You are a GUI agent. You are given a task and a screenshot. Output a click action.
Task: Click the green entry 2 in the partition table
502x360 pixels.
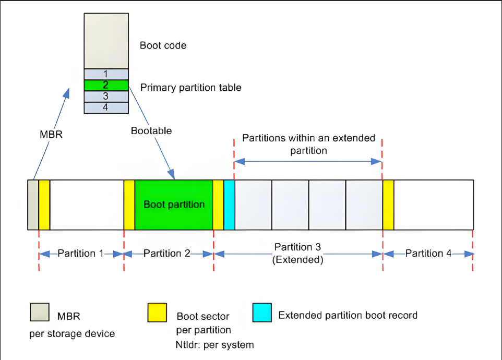click(x=106, y=85)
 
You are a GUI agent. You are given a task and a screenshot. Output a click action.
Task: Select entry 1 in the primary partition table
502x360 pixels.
click(x=106, y=74)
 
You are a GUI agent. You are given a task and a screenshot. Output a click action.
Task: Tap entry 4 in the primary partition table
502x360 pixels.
click(x=106, y=107)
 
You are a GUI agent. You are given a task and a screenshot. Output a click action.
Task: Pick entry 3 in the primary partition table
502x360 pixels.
click(x=106, y=97)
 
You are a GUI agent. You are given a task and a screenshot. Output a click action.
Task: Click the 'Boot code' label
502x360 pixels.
click(x=163, y=45)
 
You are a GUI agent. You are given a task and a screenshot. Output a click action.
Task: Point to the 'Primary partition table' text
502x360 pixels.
click(x=191, y=88)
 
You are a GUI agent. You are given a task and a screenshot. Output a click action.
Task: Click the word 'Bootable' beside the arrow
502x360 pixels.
click(x=151, y=130)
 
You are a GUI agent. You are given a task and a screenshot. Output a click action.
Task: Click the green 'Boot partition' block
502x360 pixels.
click(x=174, y=205)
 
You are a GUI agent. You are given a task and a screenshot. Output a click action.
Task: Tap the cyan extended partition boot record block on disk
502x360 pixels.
click(x=229, y=205)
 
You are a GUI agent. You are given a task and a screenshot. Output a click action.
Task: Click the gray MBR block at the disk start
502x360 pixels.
click(x=33, y=205)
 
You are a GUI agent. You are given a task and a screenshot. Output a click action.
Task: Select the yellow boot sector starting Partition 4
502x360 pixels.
click(x=388, y=205)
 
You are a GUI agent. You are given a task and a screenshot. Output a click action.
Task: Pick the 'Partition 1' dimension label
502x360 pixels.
click(x=80, y=254)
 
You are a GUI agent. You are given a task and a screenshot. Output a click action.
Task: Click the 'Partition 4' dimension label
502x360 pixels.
click(x=428, y=254)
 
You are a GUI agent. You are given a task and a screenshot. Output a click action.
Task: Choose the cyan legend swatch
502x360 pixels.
click(x=262, y=313)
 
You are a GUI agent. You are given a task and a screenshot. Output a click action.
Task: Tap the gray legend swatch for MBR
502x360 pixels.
click(x=39, y=313)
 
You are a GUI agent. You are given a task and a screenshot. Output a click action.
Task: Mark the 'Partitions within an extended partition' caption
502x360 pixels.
click(x=308, y=144)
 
